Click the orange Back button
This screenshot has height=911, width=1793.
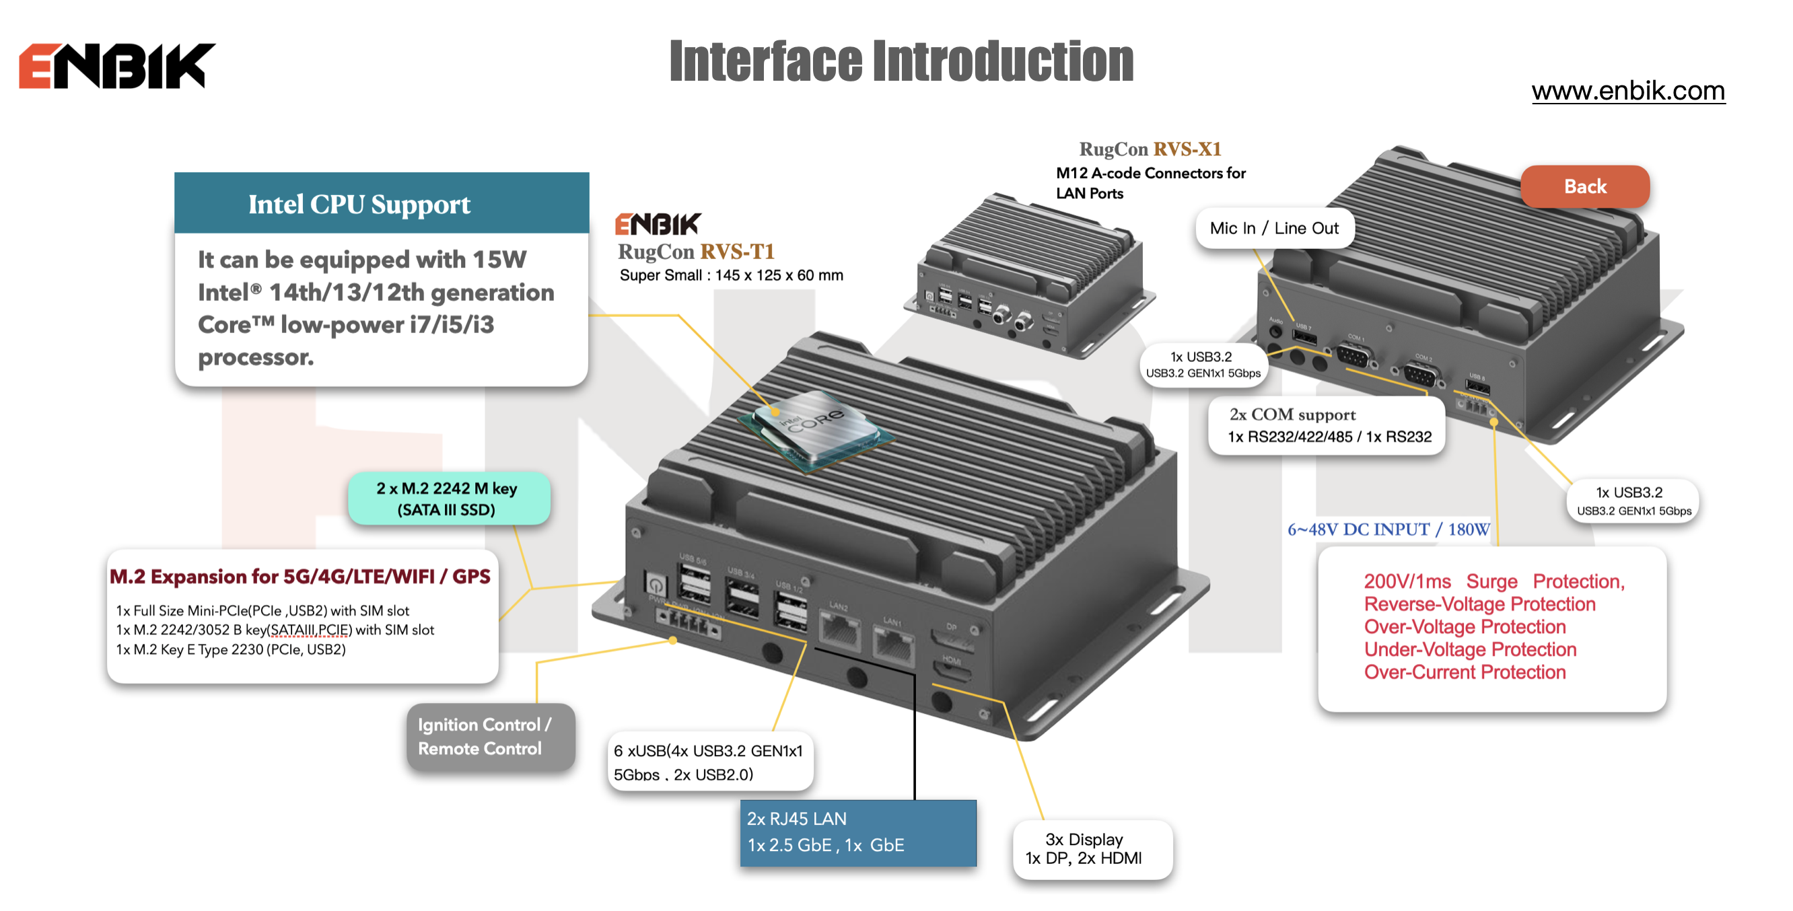click(1584, 186)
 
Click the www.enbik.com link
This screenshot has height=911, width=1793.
click(1627, 92)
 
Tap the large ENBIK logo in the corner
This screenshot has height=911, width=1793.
click(116, 66)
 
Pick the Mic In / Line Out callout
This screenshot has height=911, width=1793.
click(1274, 228)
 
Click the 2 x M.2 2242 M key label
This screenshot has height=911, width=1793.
click(447, 499)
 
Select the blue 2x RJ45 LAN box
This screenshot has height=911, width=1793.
click(857, 832)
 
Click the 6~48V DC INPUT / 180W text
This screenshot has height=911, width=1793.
click(1388, 530)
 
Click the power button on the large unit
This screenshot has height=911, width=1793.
click(656, 585)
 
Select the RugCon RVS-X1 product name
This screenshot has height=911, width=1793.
click(1149, 149)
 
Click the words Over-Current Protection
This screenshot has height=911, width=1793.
click(1465, 672)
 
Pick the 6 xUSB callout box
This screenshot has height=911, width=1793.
click(709, 762)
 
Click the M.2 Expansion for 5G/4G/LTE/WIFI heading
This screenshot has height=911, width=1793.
click(300, 577)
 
